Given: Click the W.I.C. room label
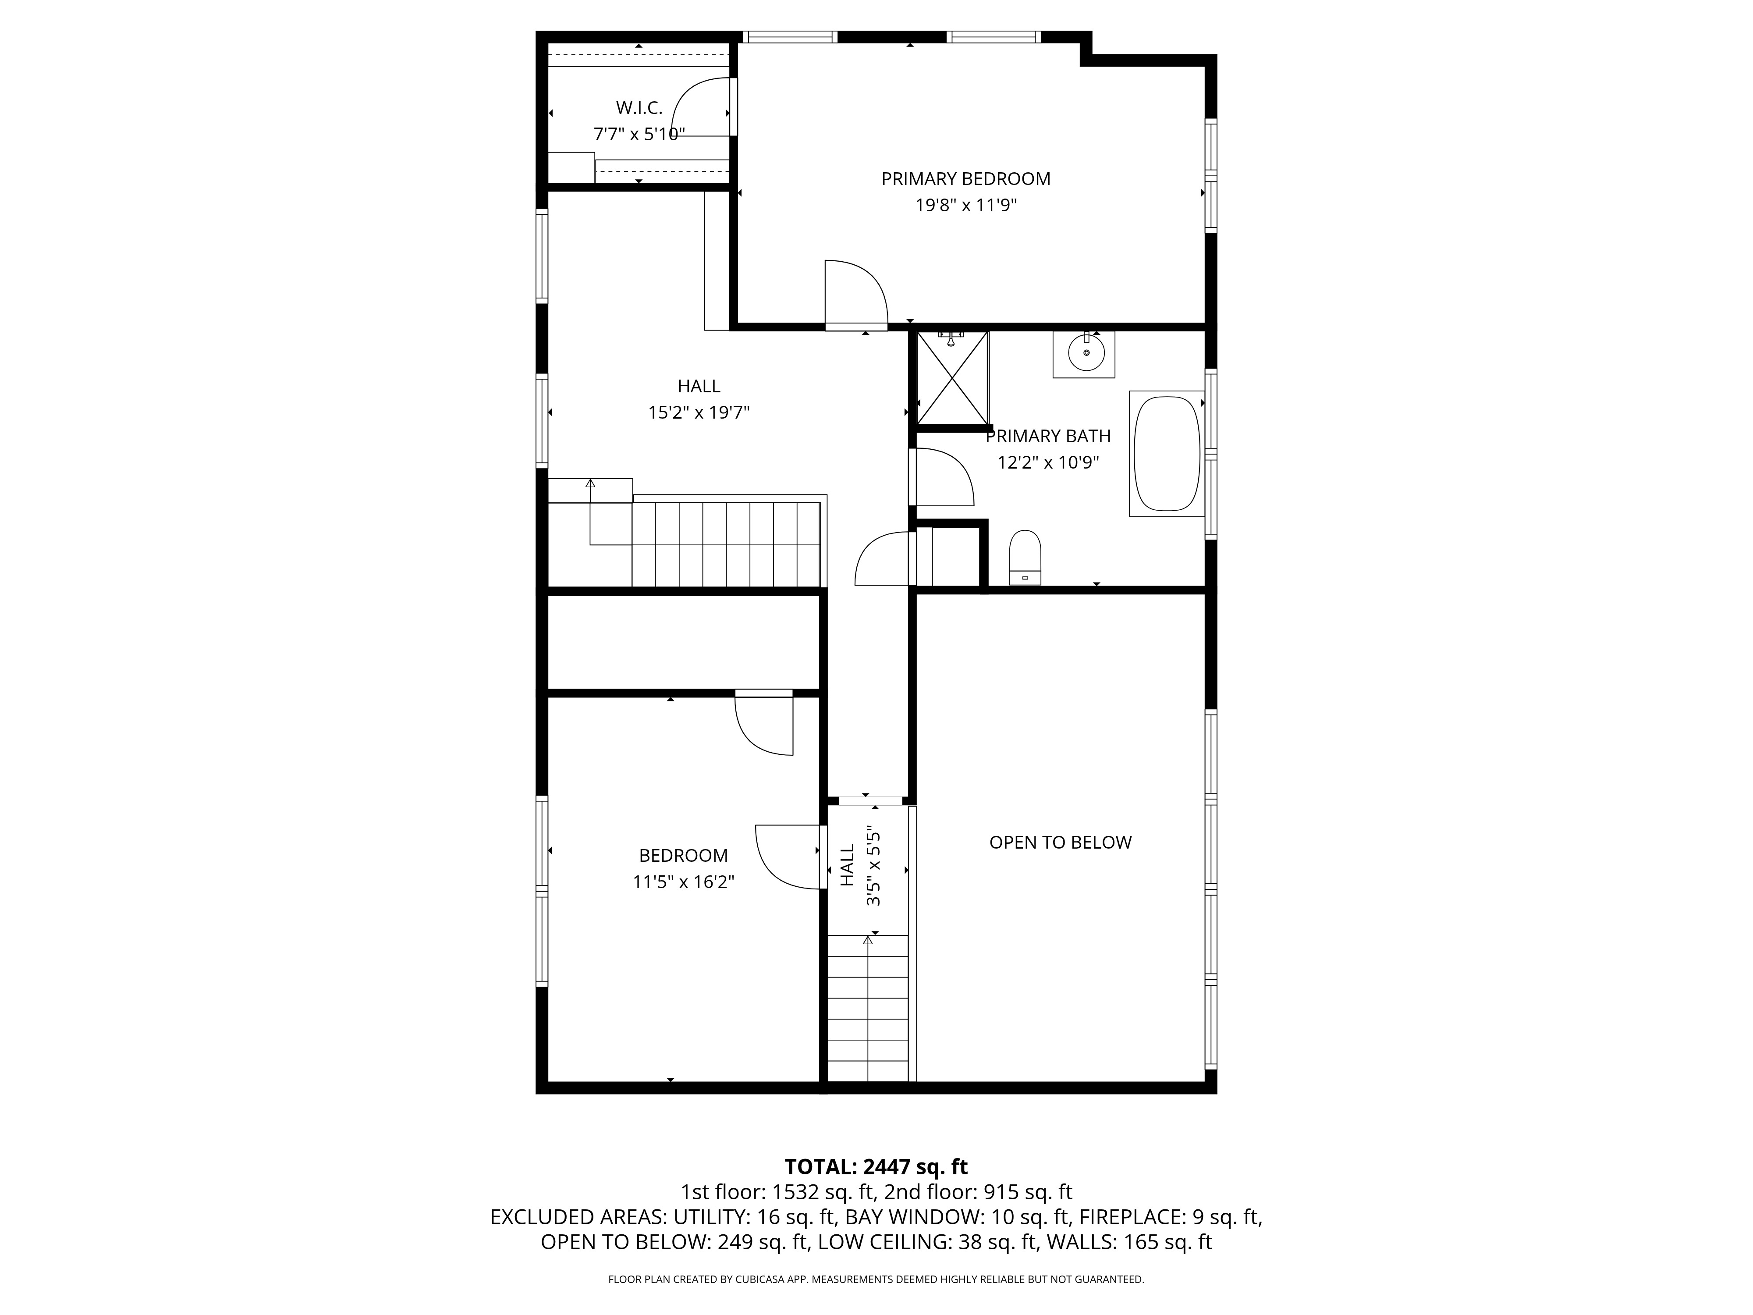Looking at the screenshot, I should pyautogui.click(x=639, y=108).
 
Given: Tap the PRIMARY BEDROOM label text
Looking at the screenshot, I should pyautogui.click(x=965, y=179).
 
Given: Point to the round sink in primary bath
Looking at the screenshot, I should pyautogui.click(x=1085, y=353).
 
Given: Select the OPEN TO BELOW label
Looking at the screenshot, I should pyautogui.click(x=1060, y=842).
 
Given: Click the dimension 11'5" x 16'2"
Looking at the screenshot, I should pyautogui.click(x=683, y=882).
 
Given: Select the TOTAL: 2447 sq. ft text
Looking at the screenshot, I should pyautogui.click(x=876, y=1167).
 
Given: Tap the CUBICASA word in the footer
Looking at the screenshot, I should pyautogui.click(x=763, y=1279).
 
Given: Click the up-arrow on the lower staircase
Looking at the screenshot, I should pyautogui.click(x=868, y=940).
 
